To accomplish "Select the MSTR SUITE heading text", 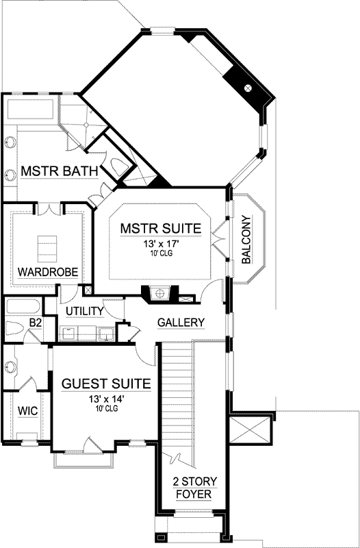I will point(160,228).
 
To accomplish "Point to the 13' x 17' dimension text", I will point(160,244).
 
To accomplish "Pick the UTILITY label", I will point(84,312).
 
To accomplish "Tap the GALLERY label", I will point(181,322).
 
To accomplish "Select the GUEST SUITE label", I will point(103,383).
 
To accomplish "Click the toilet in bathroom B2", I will point(14,327).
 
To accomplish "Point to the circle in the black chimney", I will point(248,88).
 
